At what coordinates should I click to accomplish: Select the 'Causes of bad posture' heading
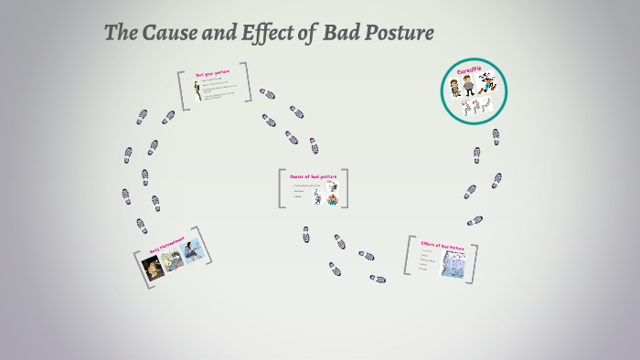[313, 176]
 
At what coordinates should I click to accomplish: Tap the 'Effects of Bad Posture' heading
[443, 246]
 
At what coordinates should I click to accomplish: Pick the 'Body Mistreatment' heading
[166, 245]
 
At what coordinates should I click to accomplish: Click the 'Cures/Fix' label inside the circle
[469, 70]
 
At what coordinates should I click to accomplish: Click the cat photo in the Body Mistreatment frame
[154, 267]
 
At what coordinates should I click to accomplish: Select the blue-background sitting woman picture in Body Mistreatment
[193, 251]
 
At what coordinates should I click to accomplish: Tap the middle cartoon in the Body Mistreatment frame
[173, 259]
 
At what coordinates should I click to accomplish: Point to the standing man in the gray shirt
[468, 86]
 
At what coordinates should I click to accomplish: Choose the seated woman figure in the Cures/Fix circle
[454, 88]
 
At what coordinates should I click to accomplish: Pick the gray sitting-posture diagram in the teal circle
[473, 108]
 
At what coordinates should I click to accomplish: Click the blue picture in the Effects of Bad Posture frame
[453, 264]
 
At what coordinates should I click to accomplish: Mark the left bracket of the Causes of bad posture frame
[283, 188]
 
